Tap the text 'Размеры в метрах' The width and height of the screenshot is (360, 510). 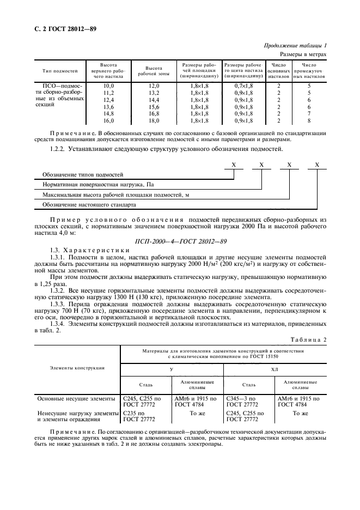coord(303,54)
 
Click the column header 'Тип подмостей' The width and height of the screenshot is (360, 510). coord(60,71)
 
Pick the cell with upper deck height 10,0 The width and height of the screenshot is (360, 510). coord(109,86)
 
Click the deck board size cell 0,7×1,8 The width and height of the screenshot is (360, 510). coord(243,86)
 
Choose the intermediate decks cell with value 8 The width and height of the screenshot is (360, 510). coord(309,121)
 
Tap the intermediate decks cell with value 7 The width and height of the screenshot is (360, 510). coord(309,114)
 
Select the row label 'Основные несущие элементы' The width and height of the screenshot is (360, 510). coord(76,398)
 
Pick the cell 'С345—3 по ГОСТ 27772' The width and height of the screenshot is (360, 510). coord(242,402)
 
